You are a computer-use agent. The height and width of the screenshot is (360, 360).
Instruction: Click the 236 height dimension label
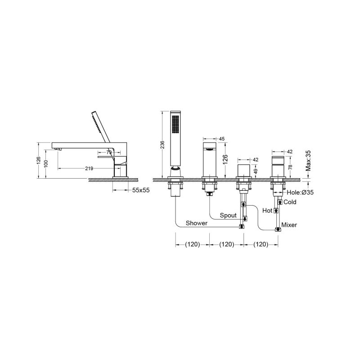pyautogui.click(x=162, y=144)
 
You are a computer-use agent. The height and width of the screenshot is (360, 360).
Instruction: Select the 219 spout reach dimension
pyautogui.click(x=89, y=168)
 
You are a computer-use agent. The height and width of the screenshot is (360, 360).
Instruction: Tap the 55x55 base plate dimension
pyautogui.click(x=141, y=190)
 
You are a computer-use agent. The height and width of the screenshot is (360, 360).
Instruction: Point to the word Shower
pyautogui.click(x=197, y=223)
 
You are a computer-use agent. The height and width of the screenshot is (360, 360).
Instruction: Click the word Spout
pyautogui.click(x=228, y=216)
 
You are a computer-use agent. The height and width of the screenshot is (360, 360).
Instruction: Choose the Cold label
pyautogui.click(x=290, y=202)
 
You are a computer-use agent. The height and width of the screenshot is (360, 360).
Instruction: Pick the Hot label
pyautogui.click(x=267, y=211)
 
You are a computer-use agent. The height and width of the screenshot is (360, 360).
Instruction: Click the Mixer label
pyautogui.click(x=289, y=225)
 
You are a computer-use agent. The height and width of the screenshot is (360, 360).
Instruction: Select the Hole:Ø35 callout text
pyautogui.click(x=300, y=193)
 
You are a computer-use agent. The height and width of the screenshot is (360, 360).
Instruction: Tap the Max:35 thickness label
pyautogui.click(x=308, y=161)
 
